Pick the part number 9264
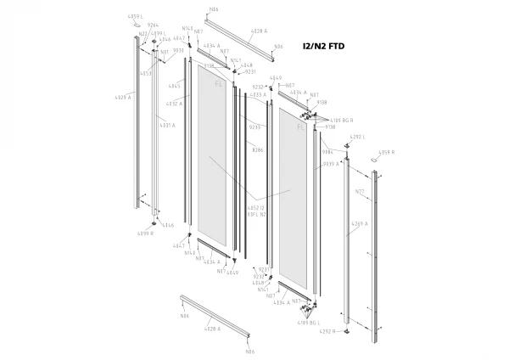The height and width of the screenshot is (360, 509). coord(154,25)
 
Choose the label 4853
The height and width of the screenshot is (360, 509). coord(146,73)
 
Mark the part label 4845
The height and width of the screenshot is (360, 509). coord(175,86)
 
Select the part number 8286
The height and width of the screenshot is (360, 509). coord(258,149)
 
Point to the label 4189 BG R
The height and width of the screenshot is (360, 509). coord(341,121)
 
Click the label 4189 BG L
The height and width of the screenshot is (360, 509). coord(308,323)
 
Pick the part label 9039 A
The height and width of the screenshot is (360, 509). coord(330,164)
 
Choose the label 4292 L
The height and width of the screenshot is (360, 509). coord(357,137)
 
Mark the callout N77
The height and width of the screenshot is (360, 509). coord(360,193)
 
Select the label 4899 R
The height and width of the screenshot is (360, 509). coord(145,233)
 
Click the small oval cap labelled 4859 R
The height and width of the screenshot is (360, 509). coord(378,162)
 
